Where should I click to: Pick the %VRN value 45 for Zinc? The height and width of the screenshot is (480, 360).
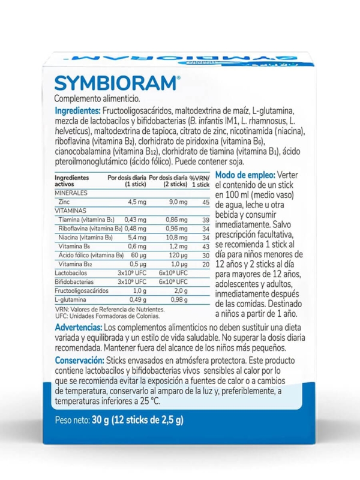(x=205, y=202)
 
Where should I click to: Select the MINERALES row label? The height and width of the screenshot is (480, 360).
(x=71, y=193)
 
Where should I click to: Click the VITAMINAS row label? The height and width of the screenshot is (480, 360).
(x=71, y=211)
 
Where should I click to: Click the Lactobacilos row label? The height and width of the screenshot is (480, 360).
(x=71, y=272)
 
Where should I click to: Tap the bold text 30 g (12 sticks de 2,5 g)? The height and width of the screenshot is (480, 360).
(x=139, y=420)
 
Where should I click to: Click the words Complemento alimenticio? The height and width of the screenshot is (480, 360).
(x=97, y=98)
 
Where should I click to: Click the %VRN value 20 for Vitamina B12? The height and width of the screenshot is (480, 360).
(x=205, y=264)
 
